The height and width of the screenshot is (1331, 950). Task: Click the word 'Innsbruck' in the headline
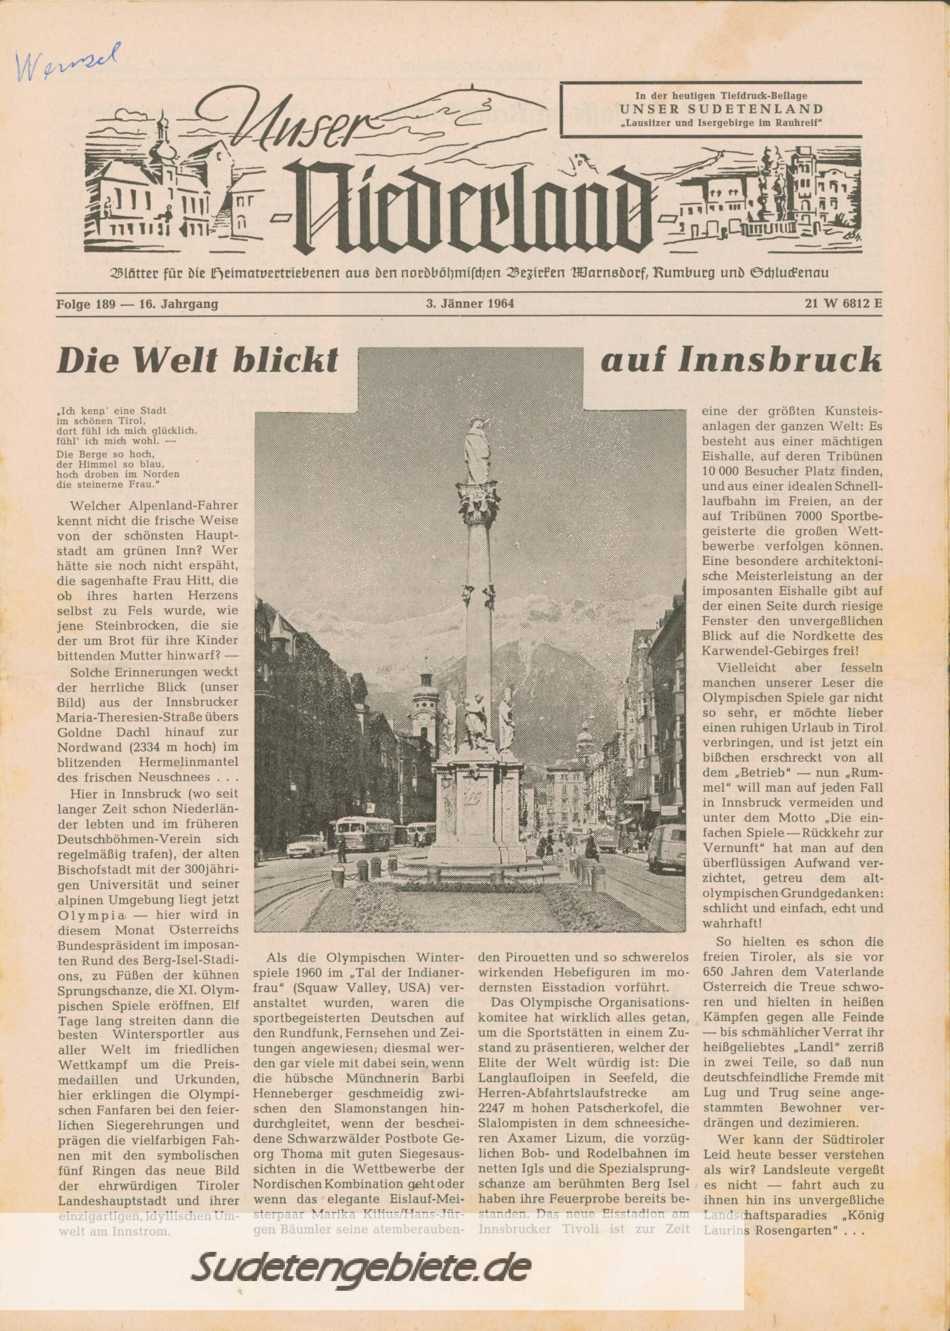[778, 361]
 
